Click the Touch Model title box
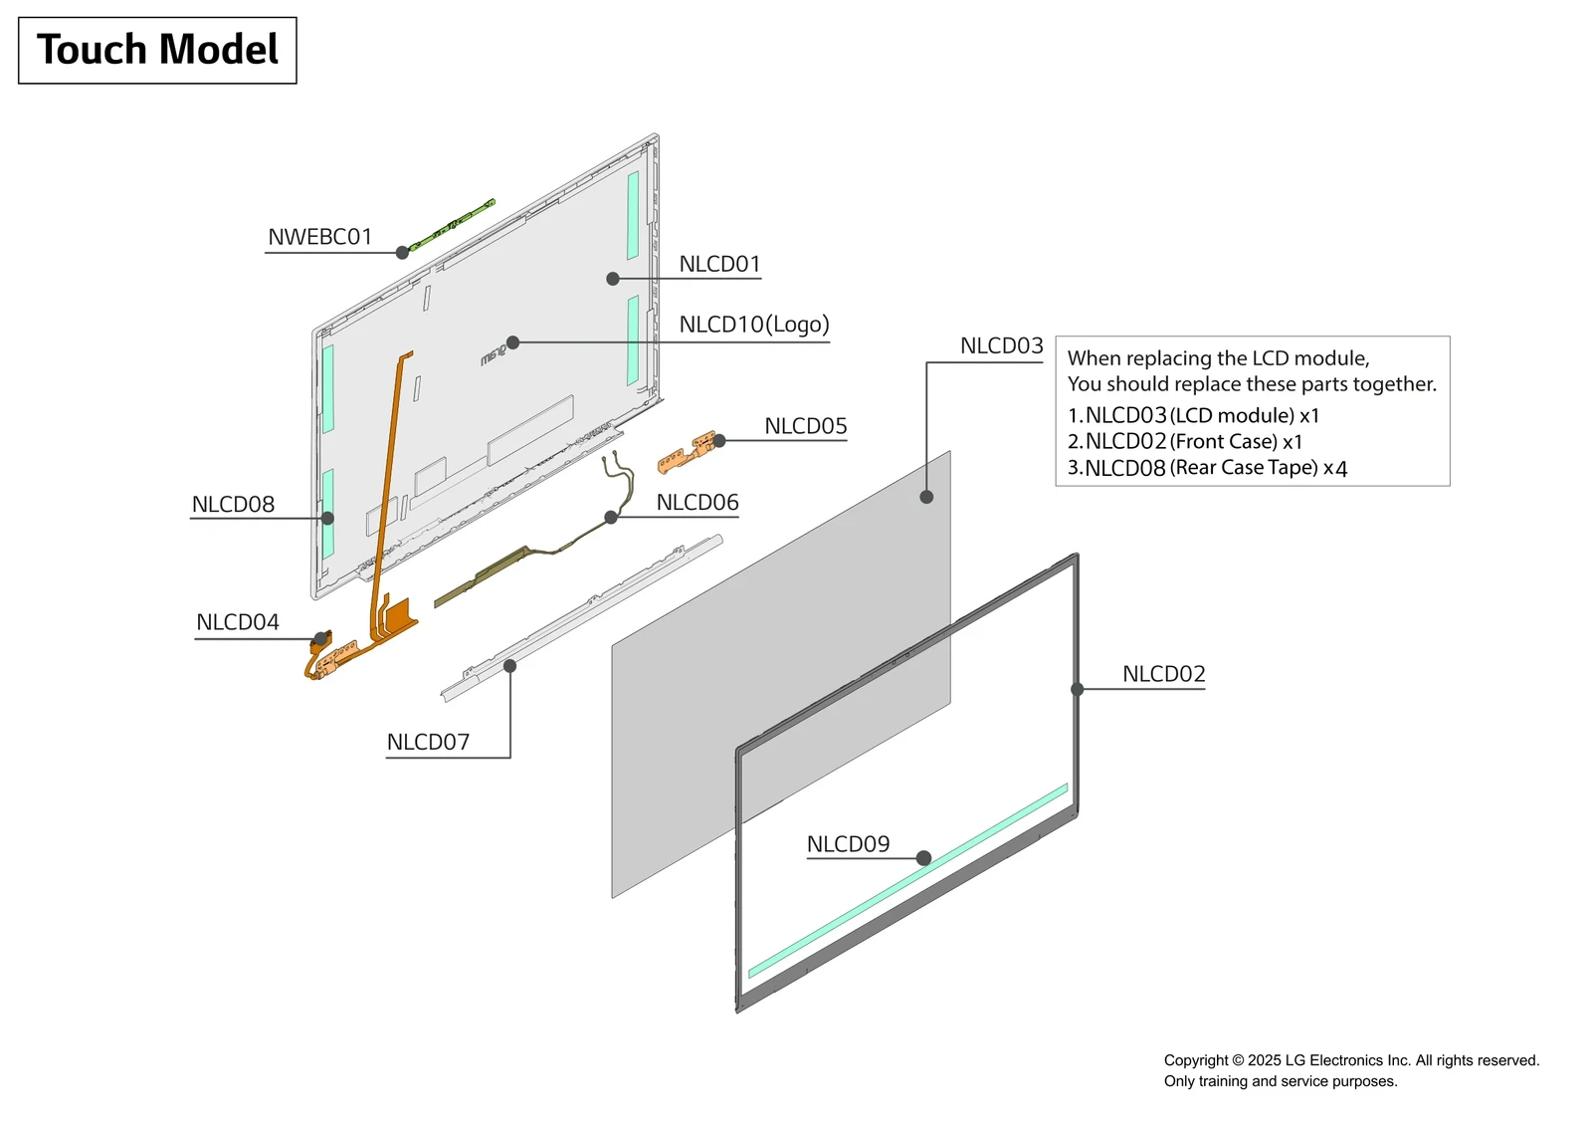pos(157,50)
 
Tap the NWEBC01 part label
pos(319,237)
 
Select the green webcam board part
pos(453,225)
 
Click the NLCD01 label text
pos(719,264)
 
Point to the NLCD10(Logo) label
pos(753,325)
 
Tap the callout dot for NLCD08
pos(327,518)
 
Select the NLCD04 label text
pos(238,622)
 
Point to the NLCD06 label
pos(697,503)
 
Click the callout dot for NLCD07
pos(509,666)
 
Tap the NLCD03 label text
pos(1001,346)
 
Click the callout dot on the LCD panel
pos(926,497)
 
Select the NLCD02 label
pos(1163,674)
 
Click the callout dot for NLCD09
pos(923,858)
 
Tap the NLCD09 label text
pos(848,844)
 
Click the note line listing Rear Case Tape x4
pos(1207,468)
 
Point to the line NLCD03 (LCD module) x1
pos(1193,415)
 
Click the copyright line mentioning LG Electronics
pos(1351,1060)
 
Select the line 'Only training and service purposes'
pos(1281,1081)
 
